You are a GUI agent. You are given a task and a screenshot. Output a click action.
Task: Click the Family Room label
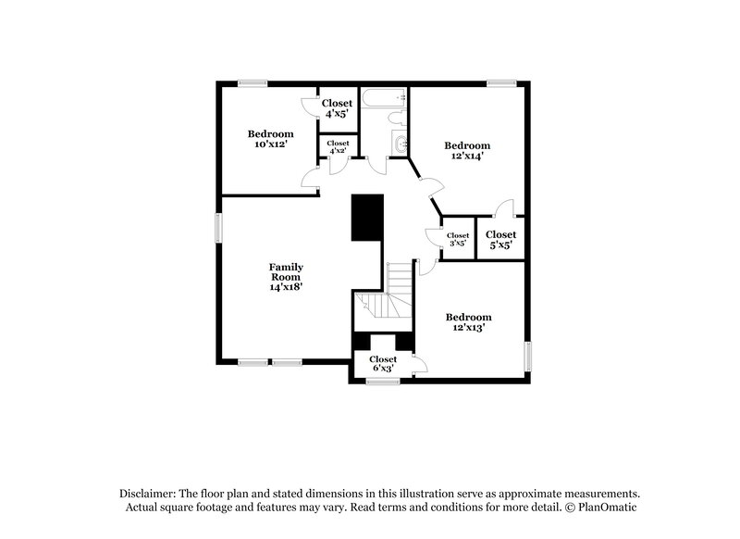(287, 277)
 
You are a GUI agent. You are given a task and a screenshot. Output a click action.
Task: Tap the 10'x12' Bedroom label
(270, 139)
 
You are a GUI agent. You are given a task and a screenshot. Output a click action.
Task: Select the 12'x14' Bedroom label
(467, 151)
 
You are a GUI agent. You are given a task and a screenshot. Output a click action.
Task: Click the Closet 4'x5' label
(337, 108)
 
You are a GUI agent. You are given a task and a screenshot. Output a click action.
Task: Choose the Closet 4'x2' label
(338, 146)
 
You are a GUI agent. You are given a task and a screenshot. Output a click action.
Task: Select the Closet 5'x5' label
(500, 240)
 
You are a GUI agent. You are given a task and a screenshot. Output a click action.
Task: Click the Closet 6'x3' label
(383, 363)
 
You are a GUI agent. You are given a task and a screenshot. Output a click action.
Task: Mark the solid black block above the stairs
(366, 218)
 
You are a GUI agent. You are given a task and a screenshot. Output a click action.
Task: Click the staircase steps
(400, 278)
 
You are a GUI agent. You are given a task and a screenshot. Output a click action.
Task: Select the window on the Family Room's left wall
(220, 228)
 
